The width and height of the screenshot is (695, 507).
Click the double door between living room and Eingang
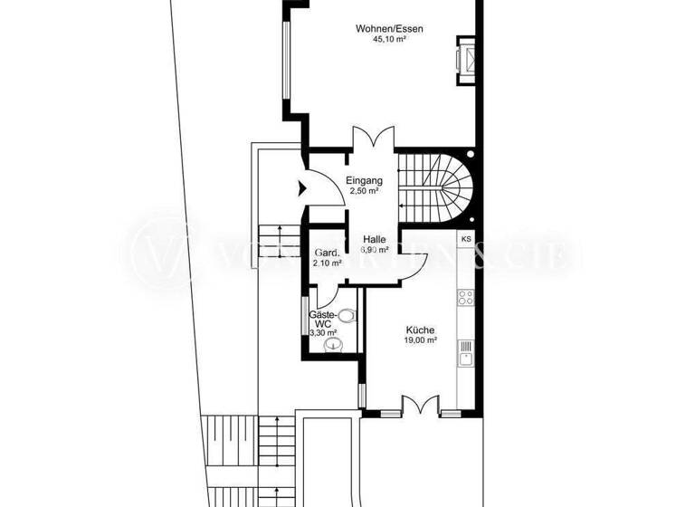pyautogui.click(x=372, y=139)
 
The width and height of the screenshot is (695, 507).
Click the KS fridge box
pyautogui.click(x=467, y=239)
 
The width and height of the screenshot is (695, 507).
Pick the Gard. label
pyautogui.click(x=326, y=253)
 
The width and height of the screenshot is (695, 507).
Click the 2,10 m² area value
pyautogui.click(x=327, y=263)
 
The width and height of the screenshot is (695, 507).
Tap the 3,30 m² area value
pyautogui.click(x=323, y=333)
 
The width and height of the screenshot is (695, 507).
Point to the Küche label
pyautogui.click(x=421, y=330)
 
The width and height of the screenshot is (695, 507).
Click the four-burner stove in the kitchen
pyautogui.click(x=467, y=297)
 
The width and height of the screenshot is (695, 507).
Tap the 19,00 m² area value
pyautogui.click(x=421, y=340)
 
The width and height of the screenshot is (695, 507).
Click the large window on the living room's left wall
pyautogui.click(x=285, y=60)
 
